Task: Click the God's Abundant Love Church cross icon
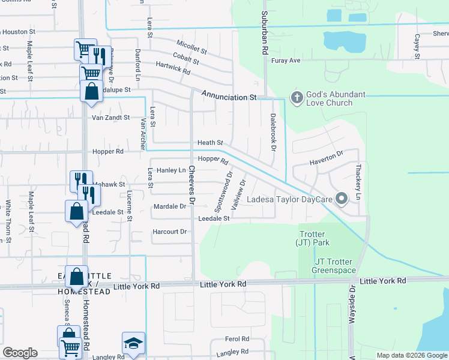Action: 295,97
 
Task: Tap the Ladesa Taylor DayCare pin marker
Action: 342,199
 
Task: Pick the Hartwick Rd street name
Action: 173,68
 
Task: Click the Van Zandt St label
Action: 110,118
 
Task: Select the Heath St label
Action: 211,143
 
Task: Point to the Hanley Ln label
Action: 171,170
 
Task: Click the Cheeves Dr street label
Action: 192,183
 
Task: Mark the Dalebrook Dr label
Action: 273,132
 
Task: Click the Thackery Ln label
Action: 359,182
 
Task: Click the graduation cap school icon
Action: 133,343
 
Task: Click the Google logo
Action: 20,353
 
